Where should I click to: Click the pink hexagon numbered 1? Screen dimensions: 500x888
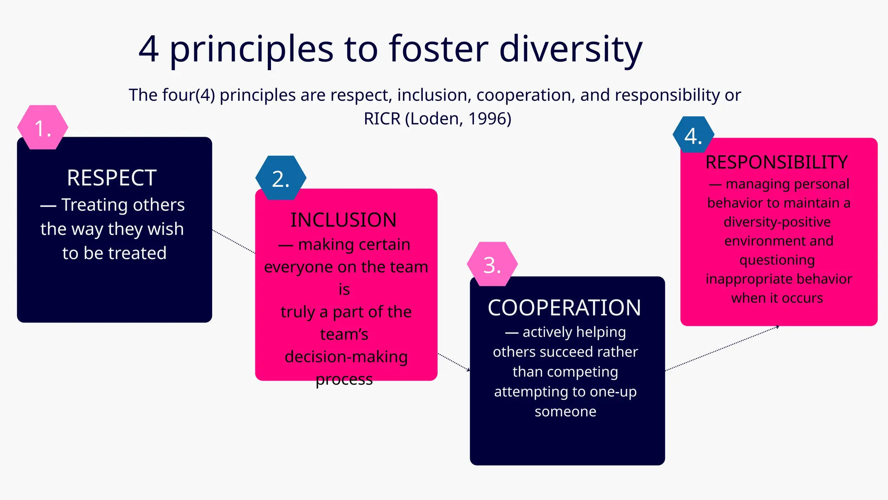pyautogui.click(x=42, y=127)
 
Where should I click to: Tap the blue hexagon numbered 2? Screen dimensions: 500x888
pyautogui.click(x=281, y=178)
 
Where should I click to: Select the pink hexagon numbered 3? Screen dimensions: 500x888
pyautogui.click(x=492, y=264)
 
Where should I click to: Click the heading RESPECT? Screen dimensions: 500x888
pyautogui.click(x=112, y=178)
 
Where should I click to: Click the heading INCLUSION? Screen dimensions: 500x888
pyautogui.click(x=343, y=220)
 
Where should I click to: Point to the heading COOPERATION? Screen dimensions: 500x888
pyautogui.click(x=564, y=308)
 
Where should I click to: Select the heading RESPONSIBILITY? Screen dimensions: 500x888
pyautogui.click(x=777, y=162)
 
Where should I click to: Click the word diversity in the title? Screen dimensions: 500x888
pyautogui.click(x=571, y=49)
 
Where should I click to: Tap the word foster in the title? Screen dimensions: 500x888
pyautogui.click(x=438, y=49)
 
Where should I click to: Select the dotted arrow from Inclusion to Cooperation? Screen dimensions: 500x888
pyautogui.click(x=454, y=362)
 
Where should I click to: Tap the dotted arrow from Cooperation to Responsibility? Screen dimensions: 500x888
pyautogui.click(x=722, y=349)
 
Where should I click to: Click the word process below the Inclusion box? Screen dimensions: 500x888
pyautogui.click(x=344, y=380)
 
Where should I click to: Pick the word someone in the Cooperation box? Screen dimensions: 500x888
pyautogui.click(x=565, y=411)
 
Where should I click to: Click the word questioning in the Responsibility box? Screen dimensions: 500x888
pyautogui.click(x=777, y=260)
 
